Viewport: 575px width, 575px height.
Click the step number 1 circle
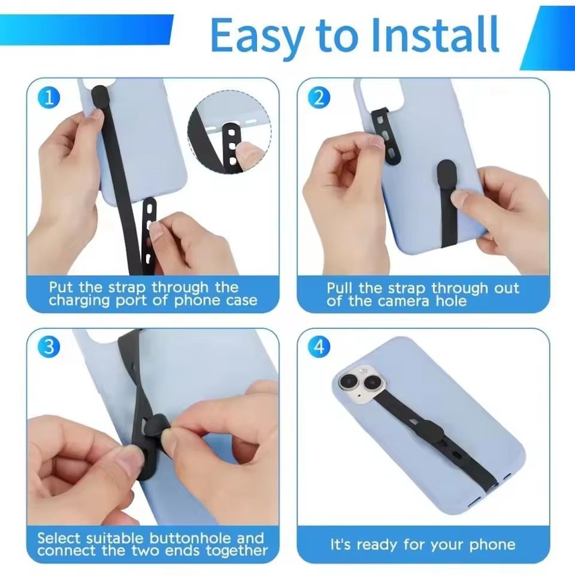point(49,98)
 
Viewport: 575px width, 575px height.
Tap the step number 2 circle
point(319,98)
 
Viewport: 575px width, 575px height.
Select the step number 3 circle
point(49,347)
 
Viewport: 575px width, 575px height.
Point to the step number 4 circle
point(319,347)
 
